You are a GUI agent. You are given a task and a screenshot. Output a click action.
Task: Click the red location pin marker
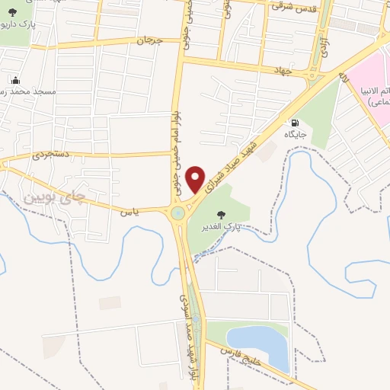tap(197, 179)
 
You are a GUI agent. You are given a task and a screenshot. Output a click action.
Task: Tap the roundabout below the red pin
tap(180, 213)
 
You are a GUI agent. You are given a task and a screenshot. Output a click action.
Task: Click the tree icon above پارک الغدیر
tap(221, 216)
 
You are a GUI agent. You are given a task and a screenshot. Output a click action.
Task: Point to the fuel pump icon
tap(292, 122)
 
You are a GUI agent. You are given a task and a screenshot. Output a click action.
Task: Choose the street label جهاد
tap(283, 69)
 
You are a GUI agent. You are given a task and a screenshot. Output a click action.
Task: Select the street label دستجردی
tap(51, 155)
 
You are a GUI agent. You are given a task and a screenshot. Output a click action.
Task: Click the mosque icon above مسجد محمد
tap(16, 80)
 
